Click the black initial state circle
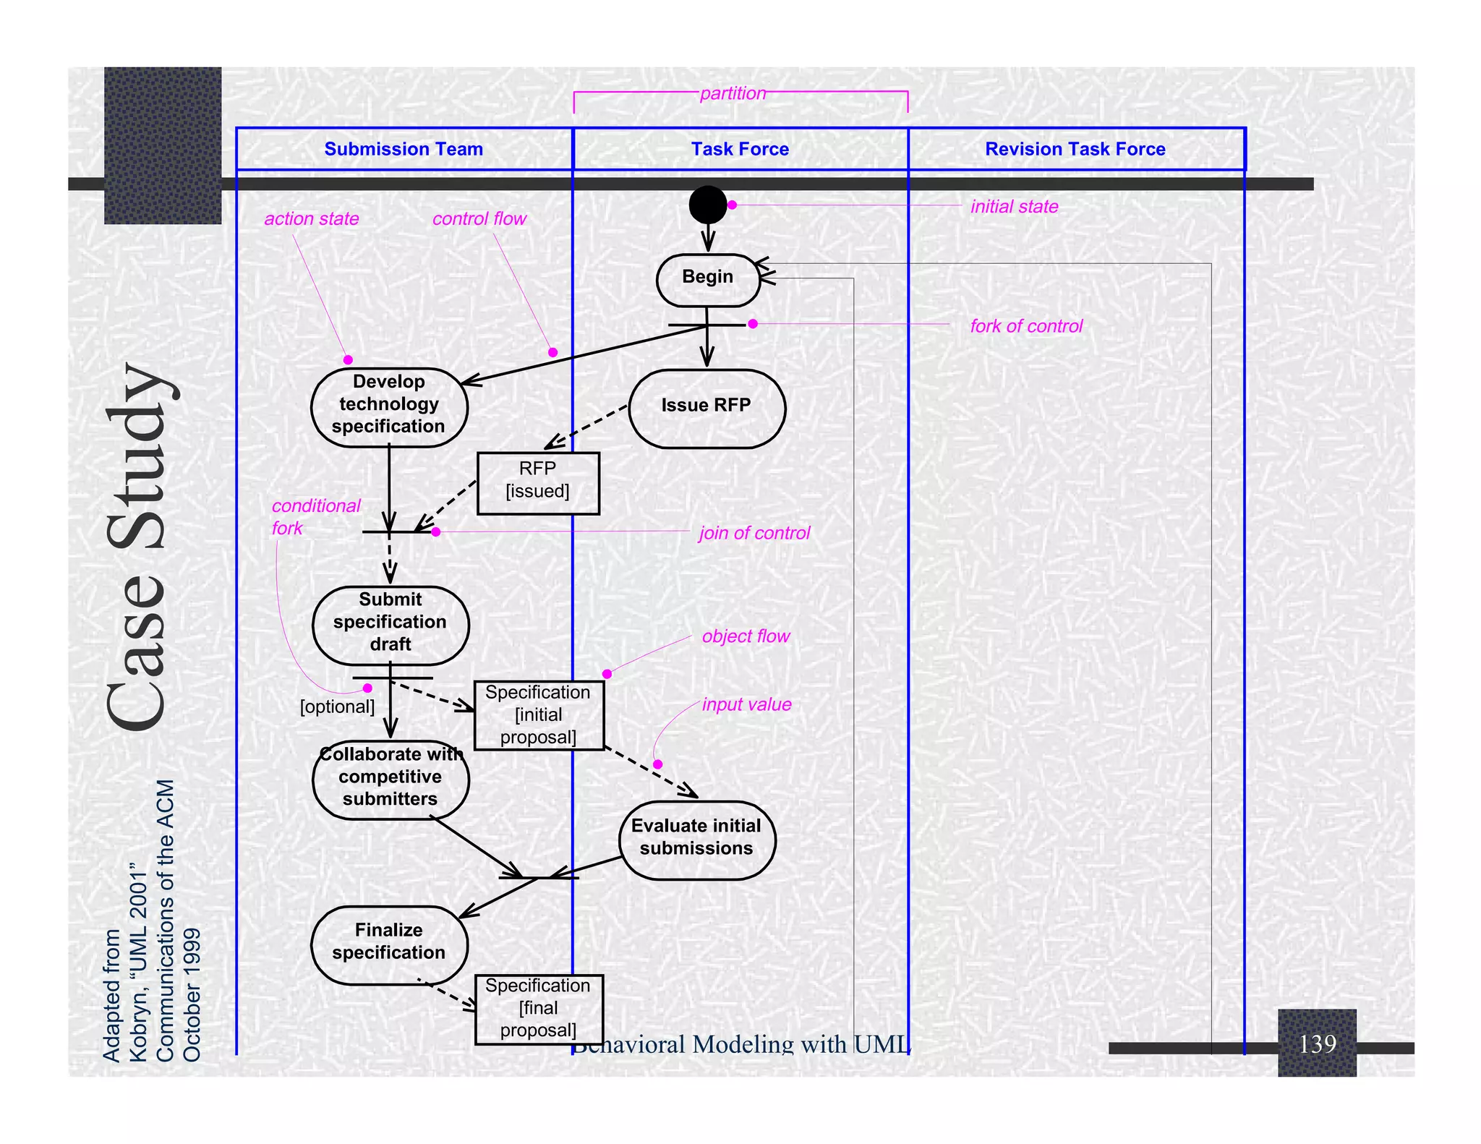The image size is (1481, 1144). (x=707, y=205)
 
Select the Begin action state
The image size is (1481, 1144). (x=707, y=280)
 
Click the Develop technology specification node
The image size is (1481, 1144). (x=389, y=407)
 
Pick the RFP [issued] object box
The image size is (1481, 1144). (x=538, y=483)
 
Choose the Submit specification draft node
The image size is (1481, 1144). (x=390, y=625)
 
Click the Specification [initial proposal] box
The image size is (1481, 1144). (x=539, y=715)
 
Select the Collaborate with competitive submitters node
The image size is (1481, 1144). (x=390, y=779)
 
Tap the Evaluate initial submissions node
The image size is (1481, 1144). (x=696, y=840)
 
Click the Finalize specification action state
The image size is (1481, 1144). (x=389, y=944)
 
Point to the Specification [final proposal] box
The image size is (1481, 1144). (x=539, y=1009)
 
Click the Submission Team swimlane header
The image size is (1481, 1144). (x=404, y=149)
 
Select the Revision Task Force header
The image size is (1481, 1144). (x=1075, y=149)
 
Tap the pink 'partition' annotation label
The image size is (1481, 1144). (x=733, y=93)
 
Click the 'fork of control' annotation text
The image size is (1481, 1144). (x=1026, y=326)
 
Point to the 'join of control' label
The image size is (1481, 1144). (x=754, y=533)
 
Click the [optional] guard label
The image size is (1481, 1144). (x=337, y=707)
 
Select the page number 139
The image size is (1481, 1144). (x=1317, y=1043)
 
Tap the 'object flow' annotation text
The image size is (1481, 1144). (x=746, y=636)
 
